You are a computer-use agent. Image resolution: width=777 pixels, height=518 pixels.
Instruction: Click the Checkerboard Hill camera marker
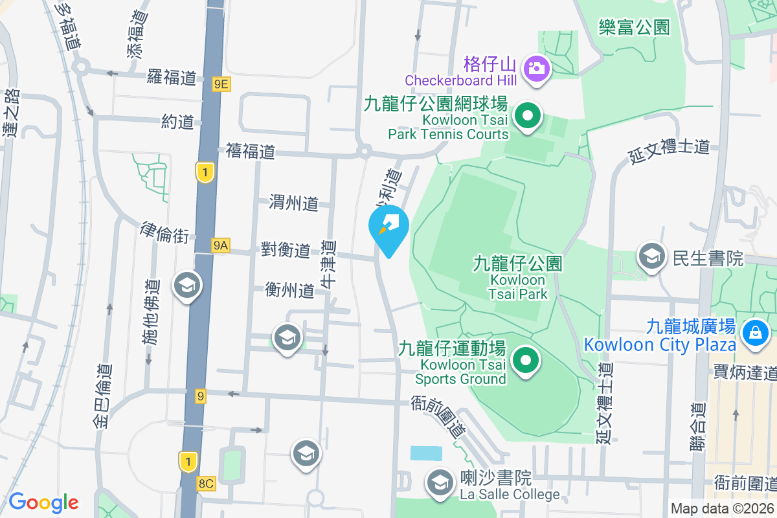point(537,67)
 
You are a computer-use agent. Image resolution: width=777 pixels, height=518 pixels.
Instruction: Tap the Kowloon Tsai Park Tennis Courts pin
point(528,117)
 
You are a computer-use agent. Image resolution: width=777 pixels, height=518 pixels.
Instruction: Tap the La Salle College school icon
point(440,483)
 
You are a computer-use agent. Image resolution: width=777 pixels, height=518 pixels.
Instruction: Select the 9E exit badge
point(221,83)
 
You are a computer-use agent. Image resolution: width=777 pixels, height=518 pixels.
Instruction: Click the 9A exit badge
point(221,245)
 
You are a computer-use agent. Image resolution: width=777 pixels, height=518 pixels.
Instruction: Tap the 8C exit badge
point(207,483)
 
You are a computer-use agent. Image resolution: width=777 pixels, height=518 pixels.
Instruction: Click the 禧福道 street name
point(251,152)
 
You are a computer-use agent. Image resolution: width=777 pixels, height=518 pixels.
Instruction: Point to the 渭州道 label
point(294,203)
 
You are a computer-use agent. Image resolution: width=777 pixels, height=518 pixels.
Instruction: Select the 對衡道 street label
point(286,250)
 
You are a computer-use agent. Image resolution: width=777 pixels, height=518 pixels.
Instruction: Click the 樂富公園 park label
point(633,27)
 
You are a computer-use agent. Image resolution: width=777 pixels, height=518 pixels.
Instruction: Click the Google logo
point(43,502)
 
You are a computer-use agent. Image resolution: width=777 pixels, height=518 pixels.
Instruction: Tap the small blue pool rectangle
point(426,453)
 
